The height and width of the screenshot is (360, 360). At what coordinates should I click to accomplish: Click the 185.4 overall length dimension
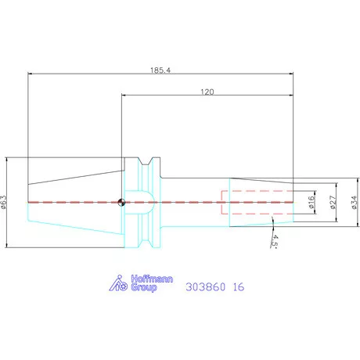(x=160, y=70)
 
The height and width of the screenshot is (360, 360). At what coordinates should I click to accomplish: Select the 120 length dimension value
(x=207, y=92)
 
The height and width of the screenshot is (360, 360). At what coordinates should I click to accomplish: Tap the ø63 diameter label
(x=3, y=202)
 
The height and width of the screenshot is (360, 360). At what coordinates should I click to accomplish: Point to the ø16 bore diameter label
(x=311, y=202)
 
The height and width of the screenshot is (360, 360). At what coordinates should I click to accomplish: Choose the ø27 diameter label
(x=333, y=202)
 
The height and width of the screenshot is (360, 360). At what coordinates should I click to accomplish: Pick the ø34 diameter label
(x=354, y=203)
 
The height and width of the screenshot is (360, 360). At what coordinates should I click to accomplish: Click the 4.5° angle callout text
(x=275, y=241)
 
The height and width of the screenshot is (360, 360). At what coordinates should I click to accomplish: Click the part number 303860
(x=205, y=287)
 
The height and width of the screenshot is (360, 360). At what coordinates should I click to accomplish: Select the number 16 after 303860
(x=239, y=287)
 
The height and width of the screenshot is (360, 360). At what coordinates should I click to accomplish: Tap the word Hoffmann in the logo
(x=152, y=279)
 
